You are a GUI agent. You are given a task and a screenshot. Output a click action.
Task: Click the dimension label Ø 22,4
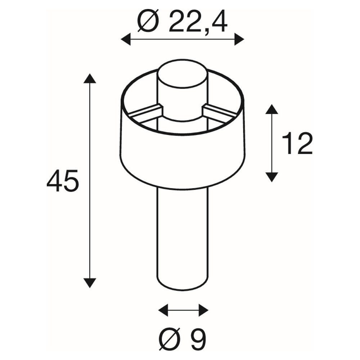[183, 22]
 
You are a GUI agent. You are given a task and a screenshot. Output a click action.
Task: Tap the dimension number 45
[63, 181]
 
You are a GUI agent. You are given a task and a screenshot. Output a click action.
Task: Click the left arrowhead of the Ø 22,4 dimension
[126, 39]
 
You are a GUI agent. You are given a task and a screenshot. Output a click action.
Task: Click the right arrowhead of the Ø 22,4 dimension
[239, 39]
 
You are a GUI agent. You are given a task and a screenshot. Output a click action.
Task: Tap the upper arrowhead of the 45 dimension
[90, 78]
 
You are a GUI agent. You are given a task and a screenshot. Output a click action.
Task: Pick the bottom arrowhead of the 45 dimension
[90, 283]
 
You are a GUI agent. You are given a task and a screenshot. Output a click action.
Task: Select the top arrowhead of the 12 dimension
[272, 109]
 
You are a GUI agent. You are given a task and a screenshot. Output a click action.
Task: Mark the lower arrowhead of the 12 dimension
[272, 177]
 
